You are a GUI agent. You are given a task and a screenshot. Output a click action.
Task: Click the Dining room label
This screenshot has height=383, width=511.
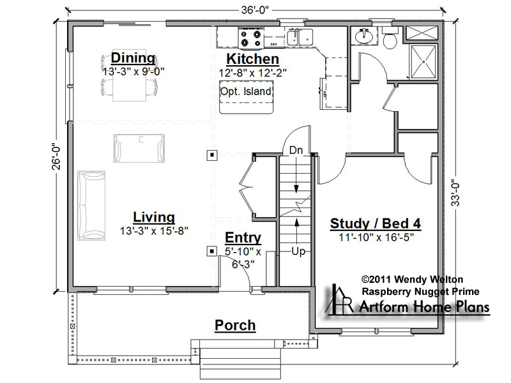pyautogui.click(x=133, y=58)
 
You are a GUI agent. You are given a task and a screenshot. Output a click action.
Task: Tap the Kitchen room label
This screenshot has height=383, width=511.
pyautogui.click(x=252, y=59)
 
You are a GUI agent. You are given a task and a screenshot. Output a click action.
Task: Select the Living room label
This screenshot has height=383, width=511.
pyautogui.click(x=154, y=217)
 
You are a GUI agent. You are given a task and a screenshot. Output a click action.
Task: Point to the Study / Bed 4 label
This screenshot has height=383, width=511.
pyautogui.click(x=376, y=224)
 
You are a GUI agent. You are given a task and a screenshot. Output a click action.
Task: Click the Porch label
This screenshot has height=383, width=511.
pyautogui.click(x=235, y=326)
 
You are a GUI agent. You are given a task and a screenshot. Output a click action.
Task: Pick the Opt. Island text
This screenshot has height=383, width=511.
pyautogui.click(x=246, y=91)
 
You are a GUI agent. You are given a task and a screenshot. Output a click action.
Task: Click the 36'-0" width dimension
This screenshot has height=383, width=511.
pyautogui.click(x=255, y=10)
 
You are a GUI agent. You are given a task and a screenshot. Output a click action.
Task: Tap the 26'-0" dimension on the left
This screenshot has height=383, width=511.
pyautogui.click(x=56, y=157)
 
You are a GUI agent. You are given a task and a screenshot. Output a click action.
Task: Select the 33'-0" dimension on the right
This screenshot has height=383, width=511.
pyautogui.click(x=455, y=193)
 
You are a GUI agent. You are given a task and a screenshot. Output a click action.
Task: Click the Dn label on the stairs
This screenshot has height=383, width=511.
pyautogui.click(x=296, y=150)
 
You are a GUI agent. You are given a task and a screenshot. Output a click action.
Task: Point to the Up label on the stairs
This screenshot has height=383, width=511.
pyautogui.click(x=298, y=251)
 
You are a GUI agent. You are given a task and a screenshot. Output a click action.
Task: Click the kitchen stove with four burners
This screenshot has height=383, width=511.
pyautogui.click(x=250, y=38)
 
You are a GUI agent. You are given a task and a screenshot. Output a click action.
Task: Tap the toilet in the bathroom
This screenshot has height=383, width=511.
pyautogui.click(x=390, y=38)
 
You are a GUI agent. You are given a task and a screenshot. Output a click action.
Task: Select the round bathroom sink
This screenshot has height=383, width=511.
pyautogui.click(x=363, y=36)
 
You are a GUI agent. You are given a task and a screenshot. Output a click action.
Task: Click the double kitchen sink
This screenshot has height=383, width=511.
pyautogui.click(x=300, y=36)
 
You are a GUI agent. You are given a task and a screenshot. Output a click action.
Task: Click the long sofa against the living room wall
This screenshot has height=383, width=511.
pyautogui.click(x=91, y=206)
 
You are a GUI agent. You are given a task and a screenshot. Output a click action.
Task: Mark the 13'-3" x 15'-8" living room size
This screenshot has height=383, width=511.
pyautogui.click(x=154, y=231)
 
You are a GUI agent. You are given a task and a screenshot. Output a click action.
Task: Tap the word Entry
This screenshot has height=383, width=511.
pyautogui.click(x=243, y=237)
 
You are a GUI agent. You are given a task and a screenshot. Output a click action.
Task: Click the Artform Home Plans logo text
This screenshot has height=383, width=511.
pyautogui.click(x=424, y=307)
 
